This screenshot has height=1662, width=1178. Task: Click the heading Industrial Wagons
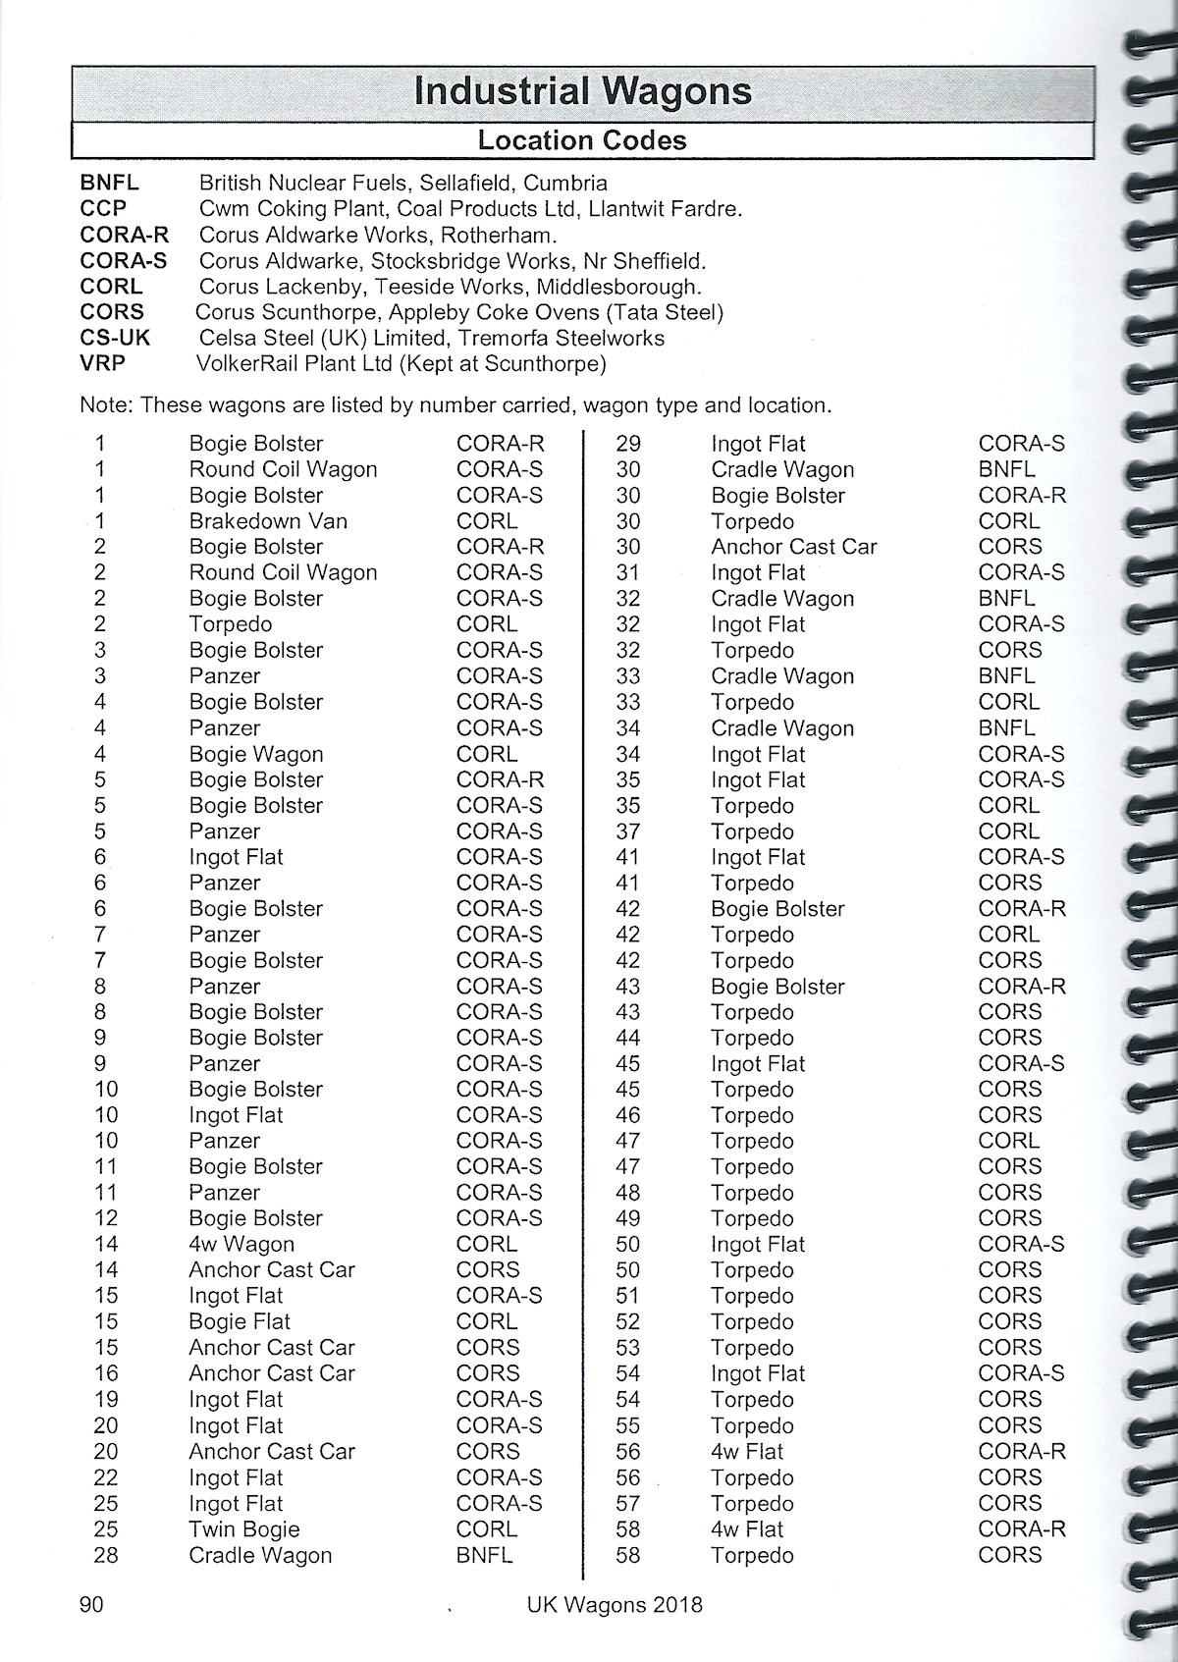[x=583, y=91]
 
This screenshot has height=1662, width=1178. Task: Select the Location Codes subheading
[x=582, y=140]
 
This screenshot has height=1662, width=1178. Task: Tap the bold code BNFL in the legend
[x=109, y=183]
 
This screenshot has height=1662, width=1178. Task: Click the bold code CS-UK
[x=115, y=338]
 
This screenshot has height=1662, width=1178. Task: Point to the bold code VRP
[x=102, y=363]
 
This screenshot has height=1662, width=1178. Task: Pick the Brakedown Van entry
[x=268, y=521]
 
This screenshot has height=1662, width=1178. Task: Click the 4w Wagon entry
[x=241, y=1244]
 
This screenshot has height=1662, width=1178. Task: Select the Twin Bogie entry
[x=244, y=1528]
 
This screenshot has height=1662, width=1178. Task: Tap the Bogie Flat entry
[x=240, y=1321]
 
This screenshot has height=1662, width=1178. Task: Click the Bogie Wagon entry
[x=255, y=754]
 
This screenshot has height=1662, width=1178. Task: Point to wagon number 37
[x=627, y=831]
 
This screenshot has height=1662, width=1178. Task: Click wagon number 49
[x=627, y=1218]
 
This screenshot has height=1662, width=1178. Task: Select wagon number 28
[x=105, y=1555]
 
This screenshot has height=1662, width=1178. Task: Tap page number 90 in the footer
[x=90, y=1604]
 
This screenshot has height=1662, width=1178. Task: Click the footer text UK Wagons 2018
[x=615, y=1605]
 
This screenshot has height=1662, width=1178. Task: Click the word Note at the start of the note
[x=104, y=404]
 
